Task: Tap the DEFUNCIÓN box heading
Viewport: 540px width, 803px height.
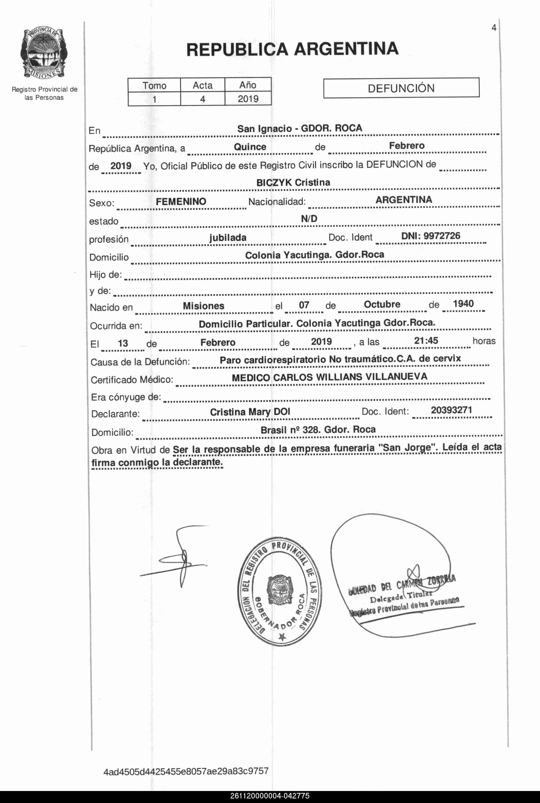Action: coord(401,88)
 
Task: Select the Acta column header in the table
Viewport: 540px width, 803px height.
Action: coord(202,85)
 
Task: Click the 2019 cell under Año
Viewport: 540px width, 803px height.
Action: coord(248,99)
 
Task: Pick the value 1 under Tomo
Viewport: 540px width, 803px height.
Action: coord(154,99)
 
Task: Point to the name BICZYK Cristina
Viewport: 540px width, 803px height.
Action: coord(293,182)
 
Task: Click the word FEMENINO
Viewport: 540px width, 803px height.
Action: coord(181,201)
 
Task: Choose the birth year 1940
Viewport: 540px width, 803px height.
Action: coord(463,304)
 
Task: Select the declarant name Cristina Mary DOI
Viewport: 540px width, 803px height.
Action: coord(250,412)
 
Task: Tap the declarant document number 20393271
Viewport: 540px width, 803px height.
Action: coord(451,410)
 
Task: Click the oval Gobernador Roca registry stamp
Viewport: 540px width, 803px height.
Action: coord(279,591)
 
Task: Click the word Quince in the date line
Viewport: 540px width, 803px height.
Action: coord(250,147)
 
